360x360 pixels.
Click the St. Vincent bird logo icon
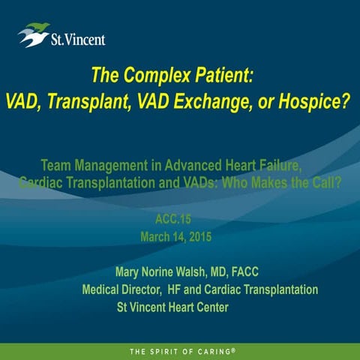coord(33,34)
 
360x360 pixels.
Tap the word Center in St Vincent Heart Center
coord(210,307)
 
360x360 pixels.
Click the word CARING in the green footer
coord(215,351)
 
